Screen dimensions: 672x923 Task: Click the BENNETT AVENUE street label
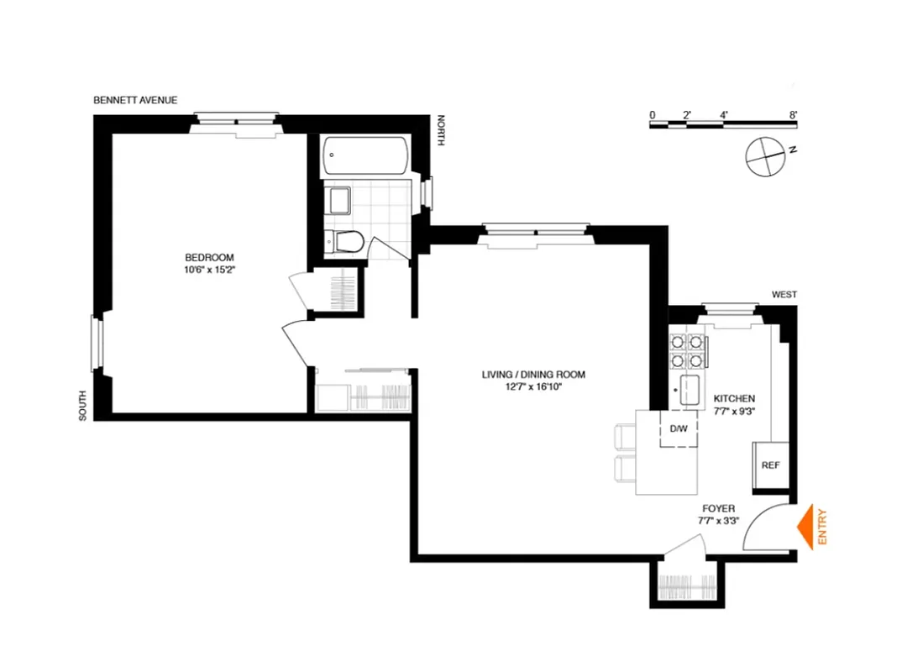pos(135,100)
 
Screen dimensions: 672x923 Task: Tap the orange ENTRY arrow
pos(808,528)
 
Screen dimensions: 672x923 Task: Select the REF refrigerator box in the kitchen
pos(770,465)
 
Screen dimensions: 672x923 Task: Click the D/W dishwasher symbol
pos(678,428)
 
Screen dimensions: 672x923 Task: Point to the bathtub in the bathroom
pos(367,155)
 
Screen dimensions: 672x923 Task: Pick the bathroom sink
pos(338,202)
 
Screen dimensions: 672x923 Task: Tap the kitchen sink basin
pos(691,391)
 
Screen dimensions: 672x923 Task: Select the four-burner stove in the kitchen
pos(686,351)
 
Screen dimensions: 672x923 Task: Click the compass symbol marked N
pos(764,155)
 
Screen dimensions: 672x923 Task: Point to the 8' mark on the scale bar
pos(793,114)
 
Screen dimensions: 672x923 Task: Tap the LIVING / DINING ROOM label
pos(533,375)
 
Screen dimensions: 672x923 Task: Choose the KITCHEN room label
pos(734,399)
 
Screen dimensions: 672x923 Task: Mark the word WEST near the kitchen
pos(784,295)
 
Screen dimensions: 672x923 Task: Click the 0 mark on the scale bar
pos(652,114)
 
